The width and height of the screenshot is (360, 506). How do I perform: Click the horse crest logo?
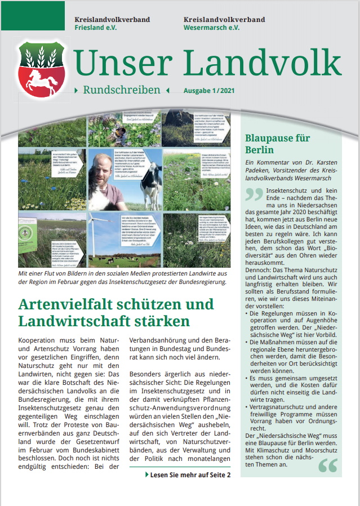tap(42, 70)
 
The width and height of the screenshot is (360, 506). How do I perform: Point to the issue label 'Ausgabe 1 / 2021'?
tap(208, 90)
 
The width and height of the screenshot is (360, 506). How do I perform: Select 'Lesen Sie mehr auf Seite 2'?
tap(189, 475)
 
